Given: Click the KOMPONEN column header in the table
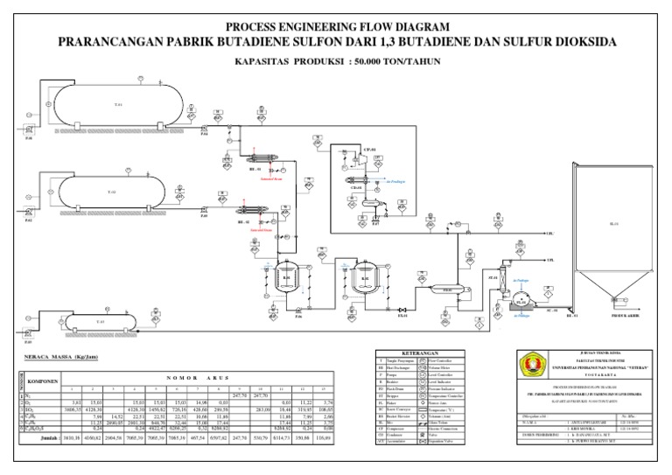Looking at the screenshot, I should (42, 381).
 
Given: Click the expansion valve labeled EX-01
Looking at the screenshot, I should (402, 311).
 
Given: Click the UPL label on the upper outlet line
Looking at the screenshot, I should (550, 234).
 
